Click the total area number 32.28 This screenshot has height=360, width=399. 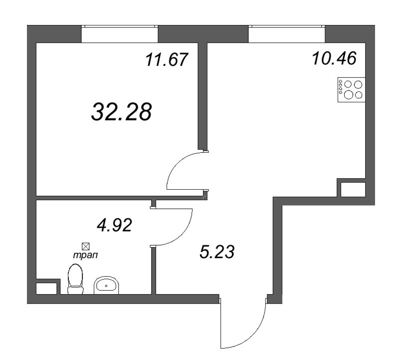pyautogui.click(x=121, y=112)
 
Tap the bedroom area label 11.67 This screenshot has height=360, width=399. pyautogui.click(x=167, y=60)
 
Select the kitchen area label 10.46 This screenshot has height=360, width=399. pyautogui.click(x=334, y=59)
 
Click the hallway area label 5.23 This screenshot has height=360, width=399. pyautogui.click(x=216, y=251)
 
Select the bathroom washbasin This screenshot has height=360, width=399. pyautogui.click(x=106, y=286)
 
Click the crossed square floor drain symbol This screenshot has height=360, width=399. pyautogui.click(x=85, y=246)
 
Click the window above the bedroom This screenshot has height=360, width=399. pyautogui.click(x=120, y=33)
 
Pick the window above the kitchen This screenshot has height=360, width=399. pyautogui.click(x=286, y=33)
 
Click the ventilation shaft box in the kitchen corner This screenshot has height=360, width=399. pyautogui.click(x=353, y=189)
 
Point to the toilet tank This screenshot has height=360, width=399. pyautogui.click(x=75, y=290)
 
